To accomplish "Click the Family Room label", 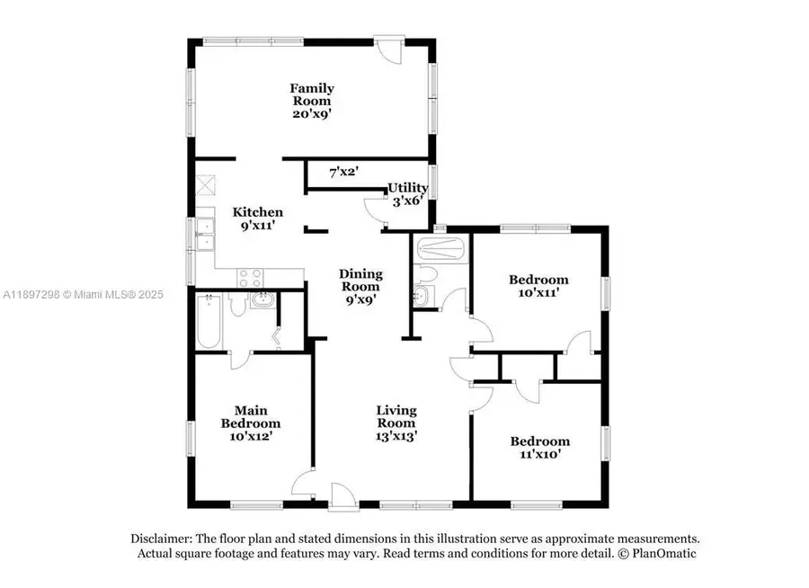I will [312, 101].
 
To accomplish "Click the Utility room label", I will [407, 194].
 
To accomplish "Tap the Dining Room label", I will [360, 287].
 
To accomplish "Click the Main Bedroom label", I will [251, 423].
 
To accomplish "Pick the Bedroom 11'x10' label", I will [539, 448].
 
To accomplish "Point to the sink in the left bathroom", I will [262, 300].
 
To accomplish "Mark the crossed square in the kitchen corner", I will [206, 185].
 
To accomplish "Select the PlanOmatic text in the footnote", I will [663, 554].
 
